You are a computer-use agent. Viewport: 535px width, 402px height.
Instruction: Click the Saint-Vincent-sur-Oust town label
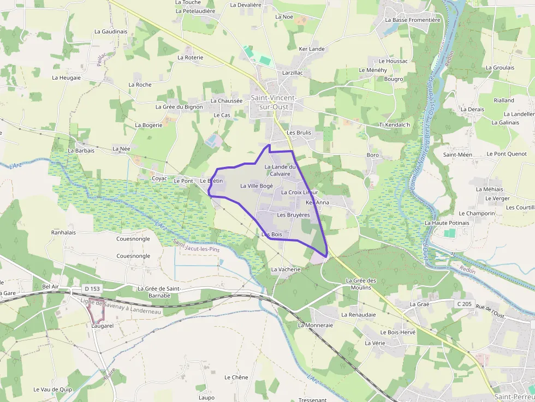coord(274,102)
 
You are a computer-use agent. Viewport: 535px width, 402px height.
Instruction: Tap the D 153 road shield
coord(93,288)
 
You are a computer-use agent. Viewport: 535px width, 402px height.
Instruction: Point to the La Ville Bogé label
coord(257,186)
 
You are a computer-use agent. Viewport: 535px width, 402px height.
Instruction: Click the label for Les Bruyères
coord(293,215)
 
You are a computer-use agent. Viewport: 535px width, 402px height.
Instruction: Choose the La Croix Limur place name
coord(299,193)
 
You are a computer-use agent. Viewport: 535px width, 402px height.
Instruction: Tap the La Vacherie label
coord(286,269)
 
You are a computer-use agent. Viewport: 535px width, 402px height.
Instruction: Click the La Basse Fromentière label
coord(412,20)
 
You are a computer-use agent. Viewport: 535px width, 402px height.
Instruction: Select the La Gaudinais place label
coord(111,32)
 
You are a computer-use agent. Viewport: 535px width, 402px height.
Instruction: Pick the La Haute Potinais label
coord(447,223)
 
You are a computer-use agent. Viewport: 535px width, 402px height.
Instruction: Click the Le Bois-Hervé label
coord(397,332)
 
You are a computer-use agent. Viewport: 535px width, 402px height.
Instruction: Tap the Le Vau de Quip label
coord(52,389)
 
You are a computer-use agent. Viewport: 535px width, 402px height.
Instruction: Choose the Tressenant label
coord(313,399)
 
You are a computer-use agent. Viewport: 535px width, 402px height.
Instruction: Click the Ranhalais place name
coord(63,232)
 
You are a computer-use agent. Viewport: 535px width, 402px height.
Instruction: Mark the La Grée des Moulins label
coord(361,284)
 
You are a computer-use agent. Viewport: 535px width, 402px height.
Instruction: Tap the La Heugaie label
coord(66,77)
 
